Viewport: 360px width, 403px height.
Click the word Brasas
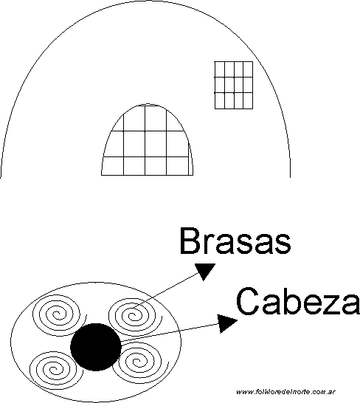coord(235,241)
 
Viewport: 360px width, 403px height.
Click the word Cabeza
coord(297,301)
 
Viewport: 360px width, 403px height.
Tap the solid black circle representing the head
coord(96,347)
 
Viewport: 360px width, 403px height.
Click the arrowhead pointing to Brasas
coord(205,271)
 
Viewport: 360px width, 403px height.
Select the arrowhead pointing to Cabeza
coord(226,323)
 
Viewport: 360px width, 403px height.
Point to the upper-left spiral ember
coord(58,314)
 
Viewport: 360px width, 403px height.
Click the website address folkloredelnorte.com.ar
coord(285,392)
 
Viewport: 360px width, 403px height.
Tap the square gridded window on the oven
coord(234,85)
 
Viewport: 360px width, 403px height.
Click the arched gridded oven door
coord(147,139)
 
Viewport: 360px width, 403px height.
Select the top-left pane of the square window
coord(220,69)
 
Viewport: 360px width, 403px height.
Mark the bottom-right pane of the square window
coord(248,100)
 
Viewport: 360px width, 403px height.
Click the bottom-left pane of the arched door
coord(113,166)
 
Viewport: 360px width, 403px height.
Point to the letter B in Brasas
coord(190,241)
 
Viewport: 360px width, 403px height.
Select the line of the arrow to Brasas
coord(167,290)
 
